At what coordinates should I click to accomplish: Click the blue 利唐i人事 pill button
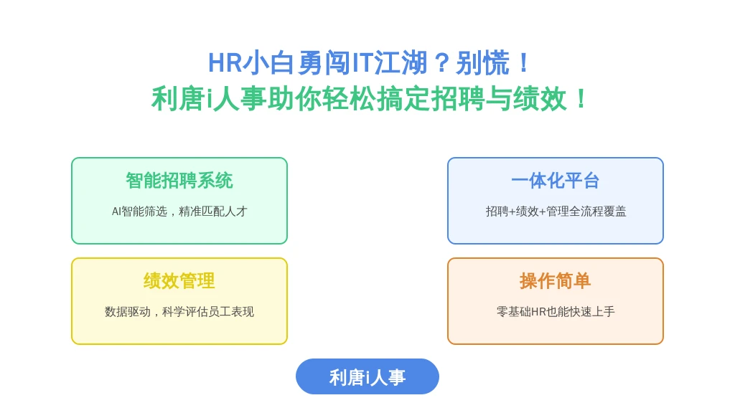pos(367,376)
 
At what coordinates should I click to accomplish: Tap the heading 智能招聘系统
pos(179,181)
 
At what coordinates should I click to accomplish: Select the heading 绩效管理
pos(179,281)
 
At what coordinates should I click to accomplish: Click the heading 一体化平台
pos(556,181)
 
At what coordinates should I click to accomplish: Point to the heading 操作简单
pos(556,281)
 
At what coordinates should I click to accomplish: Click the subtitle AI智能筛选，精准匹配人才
pos(179,212)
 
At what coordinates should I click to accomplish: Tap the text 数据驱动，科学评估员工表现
pos(179,312)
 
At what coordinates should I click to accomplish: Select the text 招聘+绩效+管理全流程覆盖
pos(556,212)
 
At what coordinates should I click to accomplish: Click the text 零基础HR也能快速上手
pos(556,312)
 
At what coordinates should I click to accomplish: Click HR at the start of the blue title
pos(225,63)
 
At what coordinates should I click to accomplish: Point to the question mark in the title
pos(442,63)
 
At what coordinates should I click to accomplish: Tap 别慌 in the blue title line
pos(483,63)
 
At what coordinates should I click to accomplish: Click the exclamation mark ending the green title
pos(581,99)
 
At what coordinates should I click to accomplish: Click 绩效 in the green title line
pos(540,99)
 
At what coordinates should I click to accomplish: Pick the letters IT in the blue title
pos(362,63)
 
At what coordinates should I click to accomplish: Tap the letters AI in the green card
pos(116,212)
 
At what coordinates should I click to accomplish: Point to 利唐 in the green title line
pos(178,99)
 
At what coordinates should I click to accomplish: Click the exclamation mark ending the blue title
pos(524,63)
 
